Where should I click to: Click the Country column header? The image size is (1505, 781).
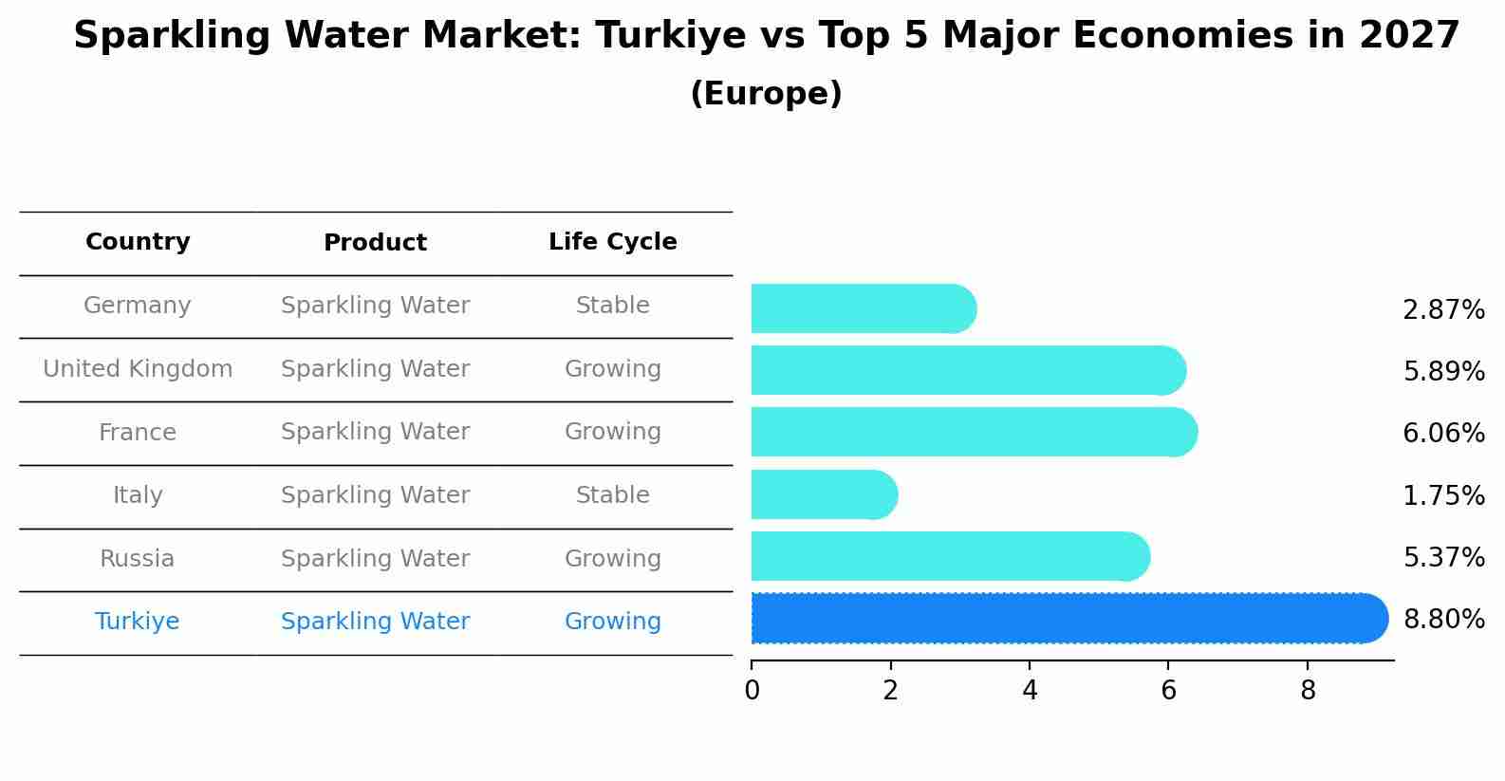coord(138,242)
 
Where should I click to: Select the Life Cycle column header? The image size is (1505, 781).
coord(612,242)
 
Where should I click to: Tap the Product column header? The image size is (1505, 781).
coord(375,243)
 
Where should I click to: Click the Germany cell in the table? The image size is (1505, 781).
coord(138,306)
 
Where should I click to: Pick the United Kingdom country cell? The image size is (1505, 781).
coord(138,369)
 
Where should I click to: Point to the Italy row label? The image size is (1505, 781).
coord(138,495)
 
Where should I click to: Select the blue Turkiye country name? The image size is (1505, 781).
coord(138,622)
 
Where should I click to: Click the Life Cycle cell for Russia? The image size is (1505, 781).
coord(612,559)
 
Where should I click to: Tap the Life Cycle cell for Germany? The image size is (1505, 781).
coord(612,306)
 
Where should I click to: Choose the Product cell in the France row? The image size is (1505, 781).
coord(375,432)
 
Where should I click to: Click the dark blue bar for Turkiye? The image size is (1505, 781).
coord(1063,619)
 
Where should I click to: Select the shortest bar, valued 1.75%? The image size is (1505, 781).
coord(821,494)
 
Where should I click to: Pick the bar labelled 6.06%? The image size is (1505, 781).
coord(968,432)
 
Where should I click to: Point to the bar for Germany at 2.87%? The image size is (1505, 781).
coord(859,308)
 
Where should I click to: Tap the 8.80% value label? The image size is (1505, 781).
coord(1443,620)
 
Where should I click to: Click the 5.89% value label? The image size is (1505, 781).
coord(1443,371)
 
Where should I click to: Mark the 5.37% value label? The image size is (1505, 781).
coord(1443,557)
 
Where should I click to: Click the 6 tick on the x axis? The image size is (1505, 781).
coord(1168,691)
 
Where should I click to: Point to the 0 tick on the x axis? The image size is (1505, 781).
coord(752,691)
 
